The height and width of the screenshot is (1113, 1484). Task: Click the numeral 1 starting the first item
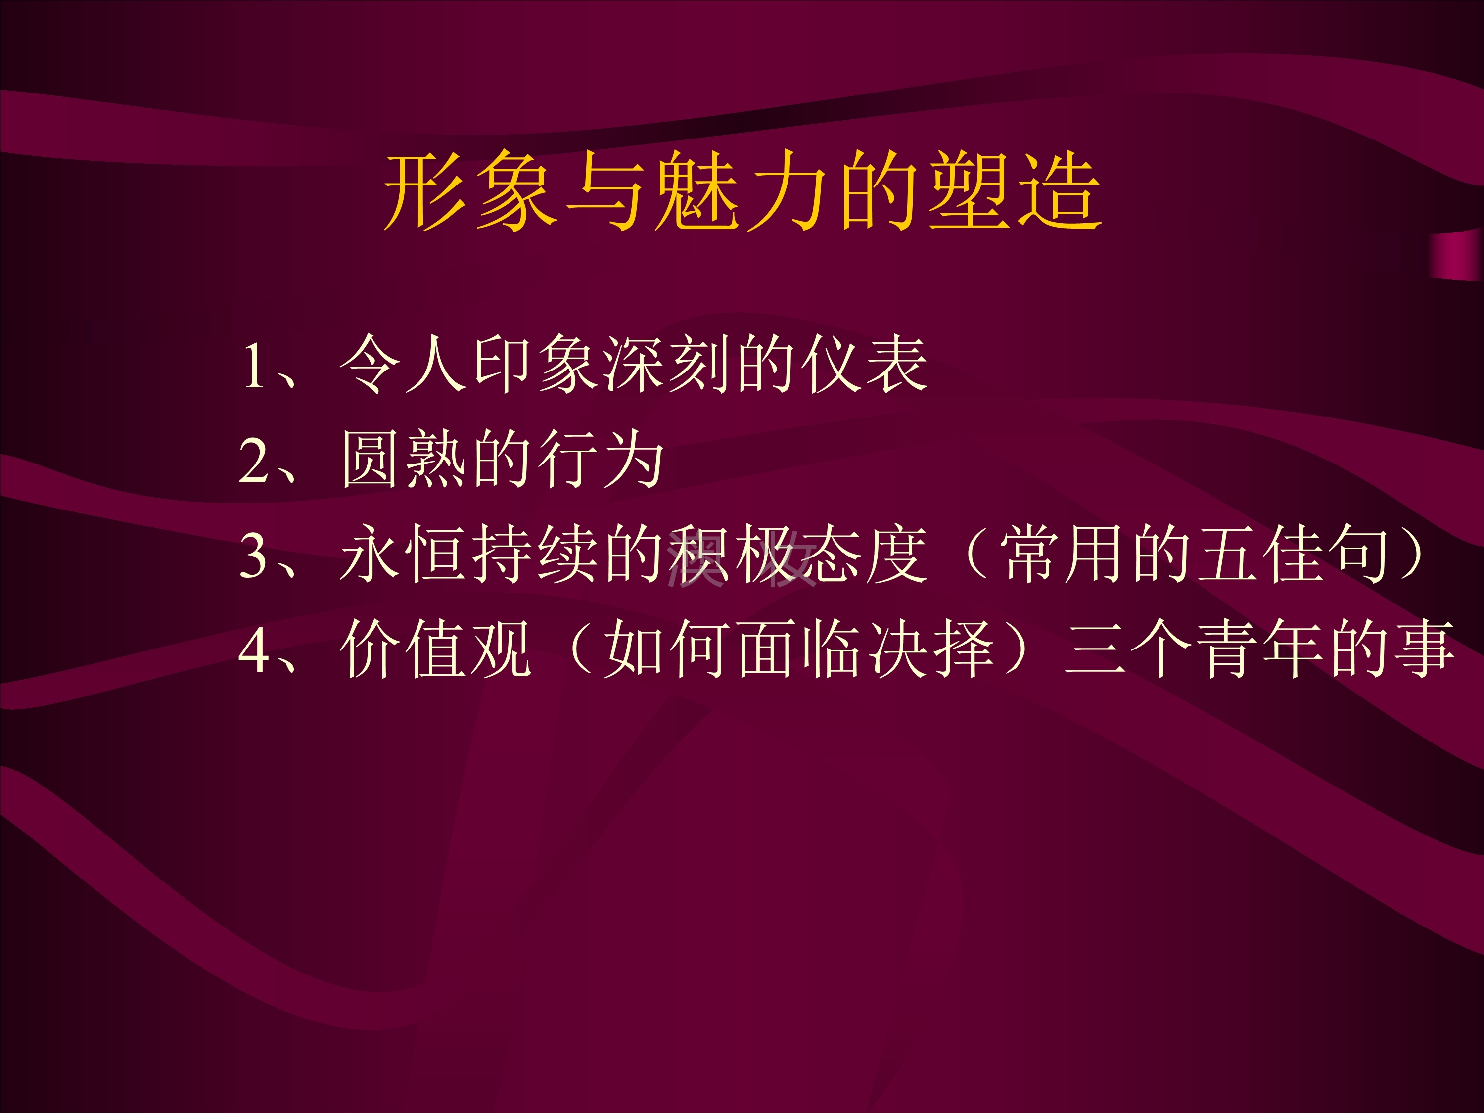click(x=255, y=366)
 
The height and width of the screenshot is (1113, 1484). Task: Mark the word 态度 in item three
click(x=866, y=554)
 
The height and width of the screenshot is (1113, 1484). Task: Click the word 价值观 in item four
click(x=436, y=648)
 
